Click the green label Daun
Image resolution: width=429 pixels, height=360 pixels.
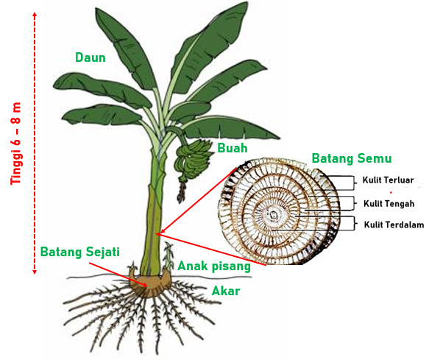91,57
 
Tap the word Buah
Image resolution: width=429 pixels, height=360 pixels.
233,148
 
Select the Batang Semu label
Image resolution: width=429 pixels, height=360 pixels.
352,158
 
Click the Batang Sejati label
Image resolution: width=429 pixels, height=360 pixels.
80,252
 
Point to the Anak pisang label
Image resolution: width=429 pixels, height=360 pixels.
214,266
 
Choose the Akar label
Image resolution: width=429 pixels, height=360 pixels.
226,291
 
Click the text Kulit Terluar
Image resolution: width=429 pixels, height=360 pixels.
388,180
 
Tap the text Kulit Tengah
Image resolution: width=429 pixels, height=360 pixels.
389,204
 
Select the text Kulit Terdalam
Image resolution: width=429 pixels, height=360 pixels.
394,225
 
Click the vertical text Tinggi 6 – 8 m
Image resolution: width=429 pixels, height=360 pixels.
16,144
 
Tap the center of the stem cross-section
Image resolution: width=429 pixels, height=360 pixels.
273,215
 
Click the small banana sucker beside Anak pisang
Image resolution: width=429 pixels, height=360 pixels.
169,256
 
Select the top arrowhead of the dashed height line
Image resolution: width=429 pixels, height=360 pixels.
35,14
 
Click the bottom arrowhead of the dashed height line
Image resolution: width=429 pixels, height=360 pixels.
35,272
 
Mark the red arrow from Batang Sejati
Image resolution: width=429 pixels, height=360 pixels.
118,275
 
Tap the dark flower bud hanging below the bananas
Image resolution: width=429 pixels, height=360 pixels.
181,192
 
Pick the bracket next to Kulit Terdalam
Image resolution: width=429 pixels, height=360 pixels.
354,223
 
